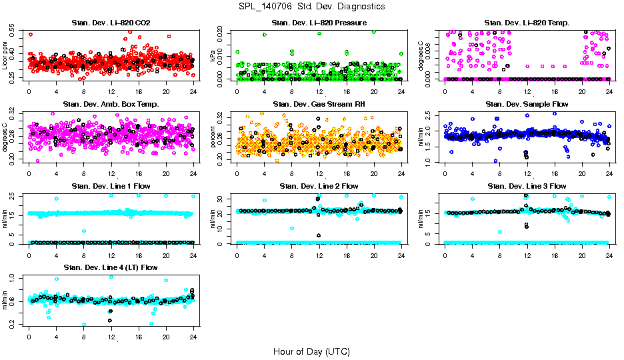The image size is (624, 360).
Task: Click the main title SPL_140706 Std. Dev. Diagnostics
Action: tap(311, 7)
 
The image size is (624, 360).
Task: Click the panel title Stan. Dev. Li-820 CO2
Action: tap(111, 23)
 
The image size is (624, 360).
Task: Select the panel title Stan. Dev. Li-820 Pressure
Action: tap(319, 23)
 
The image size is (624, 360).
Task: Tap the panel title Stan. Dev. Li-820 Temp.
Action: tap(527, 23)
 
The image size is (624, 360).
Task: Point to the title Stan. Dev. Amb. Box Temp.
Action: tap(111, 104)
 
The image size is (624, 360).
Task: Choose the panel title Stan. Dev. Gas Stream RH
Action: tap(319, 104)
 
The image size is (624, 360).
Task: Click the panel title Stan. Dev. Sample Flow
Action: tap(527, 104)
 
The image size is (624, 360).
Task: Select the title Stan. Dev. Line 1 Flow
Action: tap(111, 186)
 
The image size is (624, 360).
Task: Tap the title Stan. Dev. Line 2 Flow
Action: tap(319, 186)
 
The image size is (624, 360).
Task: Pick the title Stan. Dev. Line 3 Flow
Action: tap(527, 186)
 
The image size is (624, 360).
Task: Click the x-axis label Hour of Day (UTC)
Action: tap(311, 351)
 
